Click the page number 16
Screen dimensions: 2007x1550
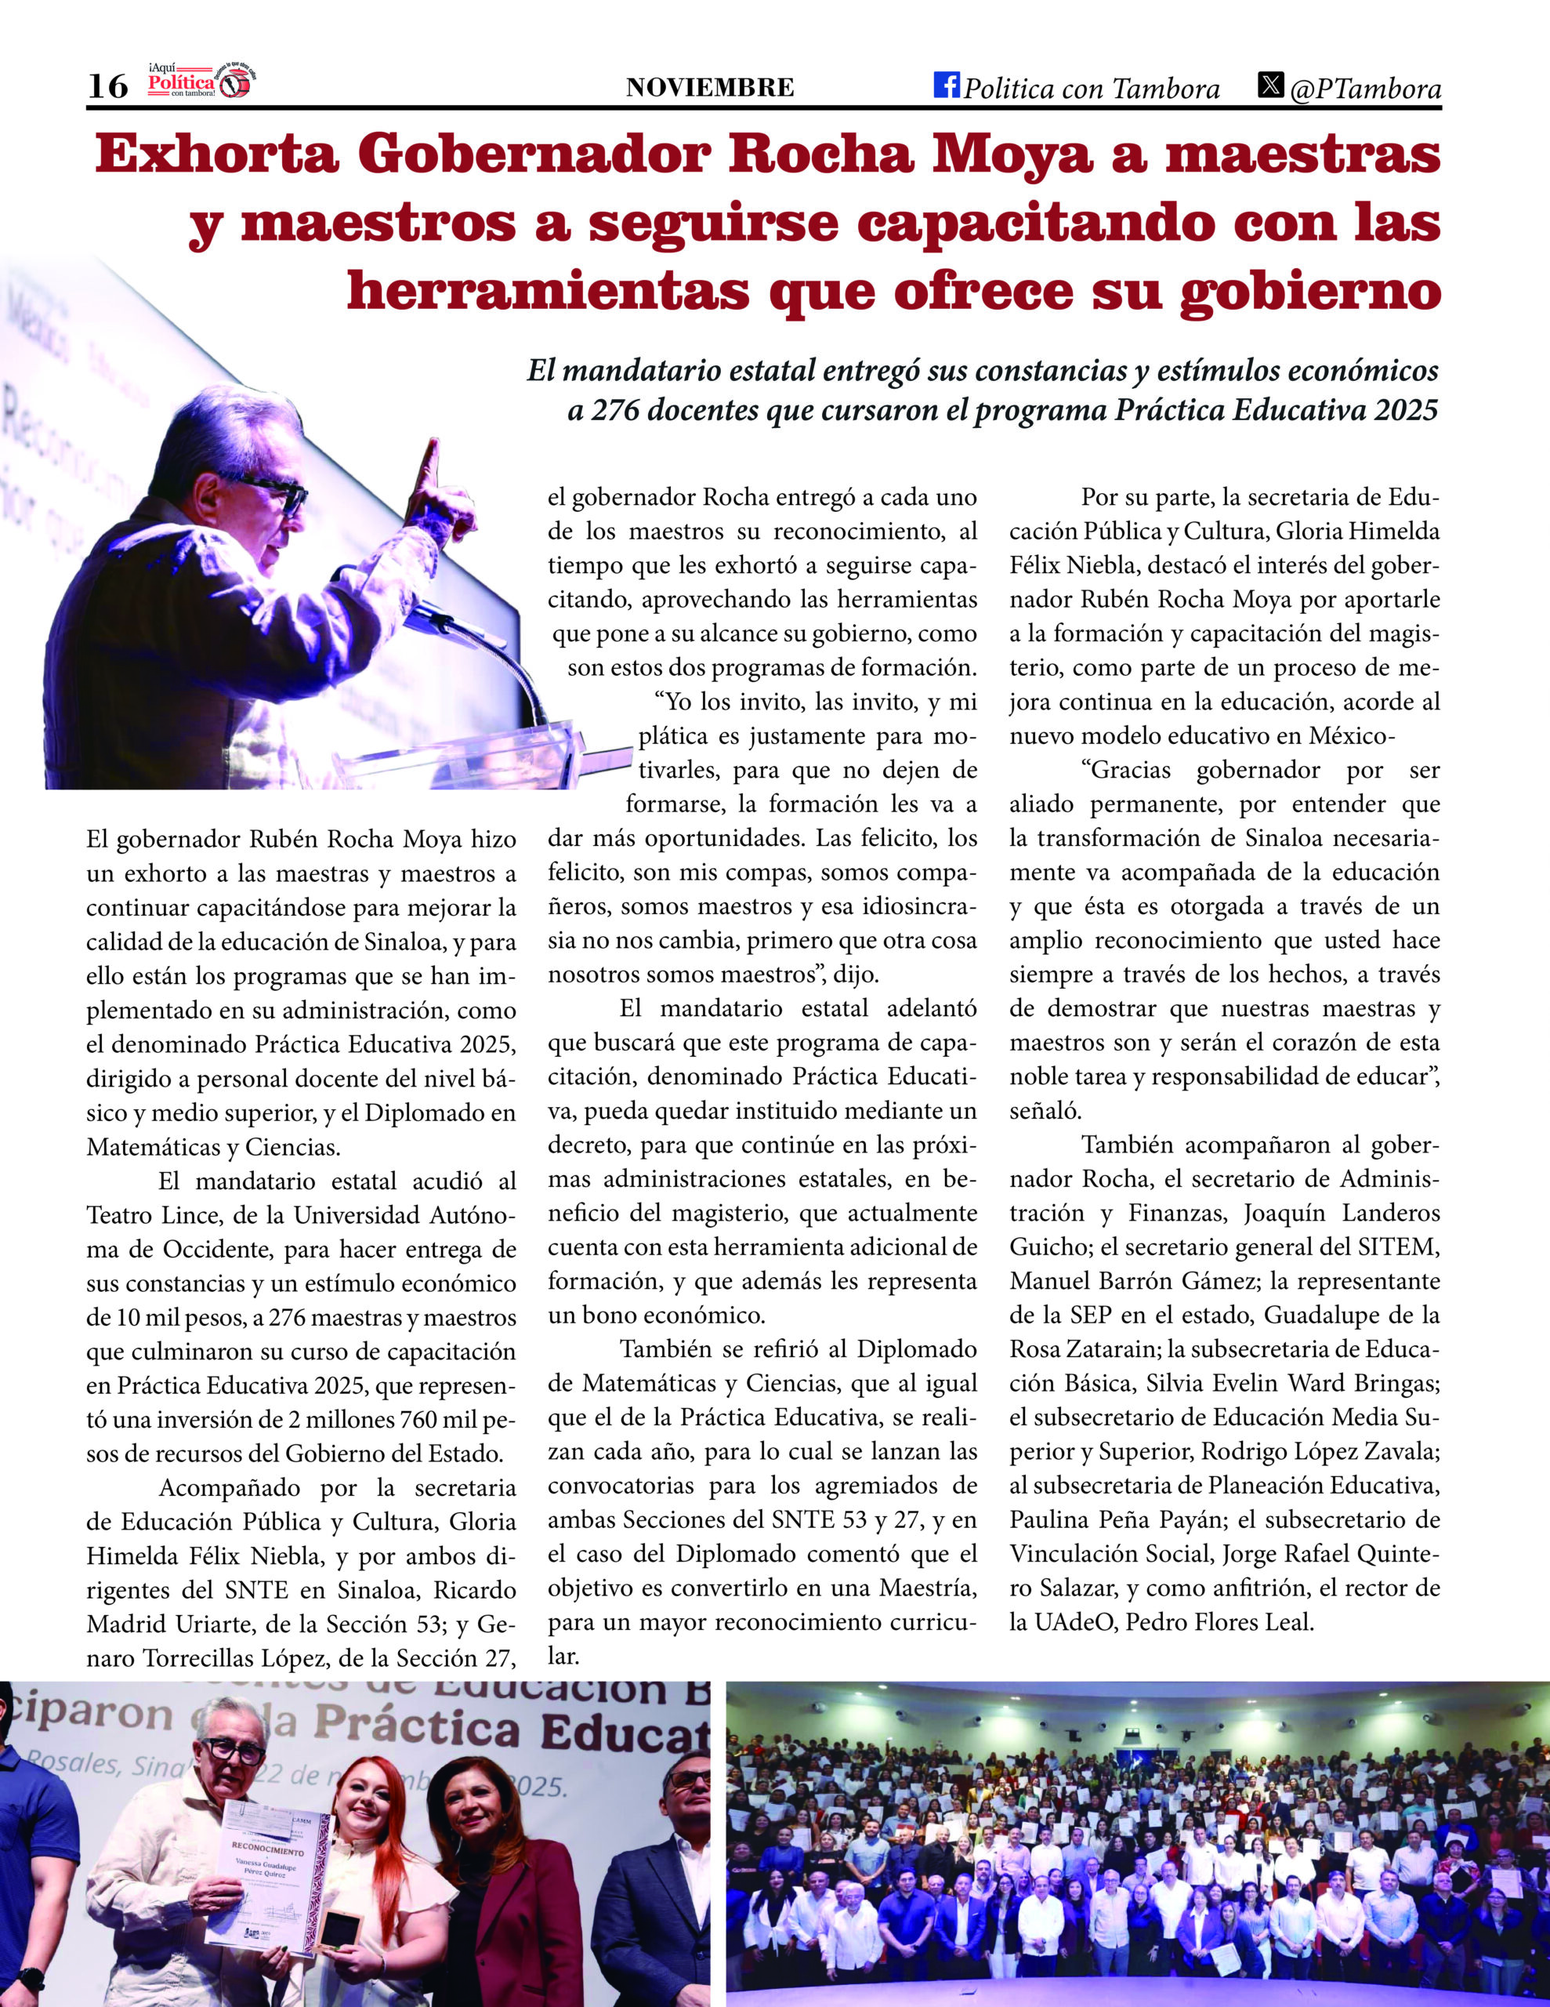point(107,85)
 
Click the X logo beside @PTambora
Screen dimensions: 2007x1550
point(1271,85)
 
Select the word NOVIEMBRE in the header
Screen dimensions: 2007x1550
point(709,87)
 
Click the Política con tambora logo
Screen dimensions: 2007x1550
point(201,82)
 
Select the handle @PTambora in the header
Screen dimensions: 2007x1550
point(1365,89)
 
